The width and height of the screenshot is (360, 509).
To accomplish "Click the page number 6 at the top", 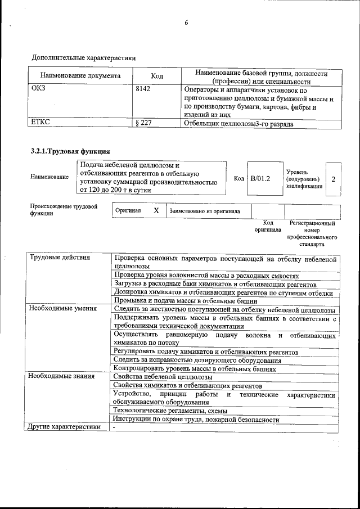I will point(185,23).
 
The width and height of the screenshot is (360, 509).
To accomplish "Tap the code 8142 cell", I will point(143,89).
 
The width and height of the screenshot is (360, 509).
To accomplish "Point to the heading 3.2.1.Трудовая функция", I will point(70,151).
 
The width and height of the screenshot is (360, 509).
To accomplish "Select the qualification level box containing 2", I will point(334,179).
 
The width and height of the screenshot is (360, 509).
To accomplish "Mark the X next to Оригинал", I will point(156,210).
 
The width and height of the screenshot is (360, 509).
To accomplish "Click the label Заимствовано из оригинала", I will point(205,211).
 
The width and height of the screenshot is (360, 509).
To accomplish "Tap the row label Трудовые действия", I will point(60,258).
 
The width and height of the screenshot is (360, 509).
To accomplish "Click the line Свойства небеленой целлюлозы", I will point(163,377).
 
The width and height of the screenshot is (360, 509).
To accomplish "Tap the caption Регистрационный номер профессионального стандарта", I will point(312,234).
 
